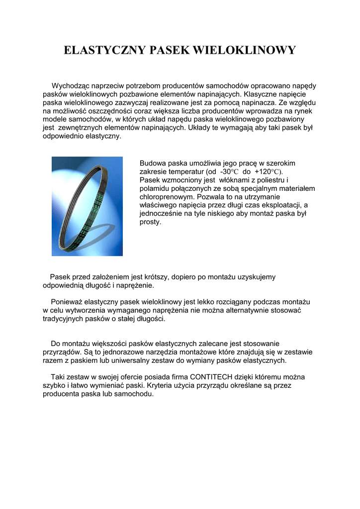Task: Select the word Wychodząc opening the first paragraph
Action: [x=75, y=86]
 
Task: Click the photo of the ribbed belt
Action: [x=87, y=206]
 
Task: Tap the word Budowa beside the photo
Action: [x=151, y=163]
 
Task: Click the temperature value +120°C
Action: [x=269, y=171]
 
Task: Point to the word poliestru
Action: [x=270, y=180]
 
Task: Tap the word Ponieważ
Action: [x=67, y=302]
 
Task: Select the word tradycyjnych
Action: [x=64, y=319]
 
